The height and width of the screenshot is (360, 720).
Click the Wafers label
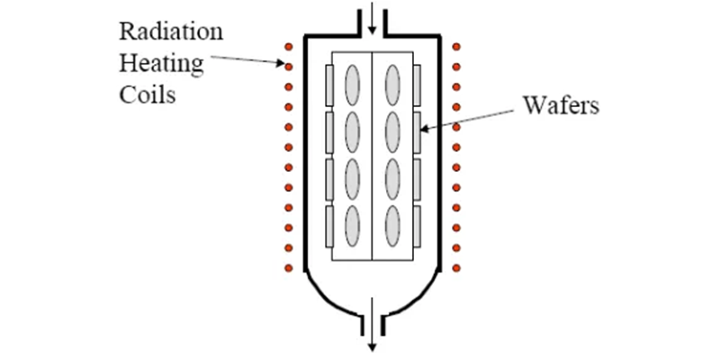point(561,105)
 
